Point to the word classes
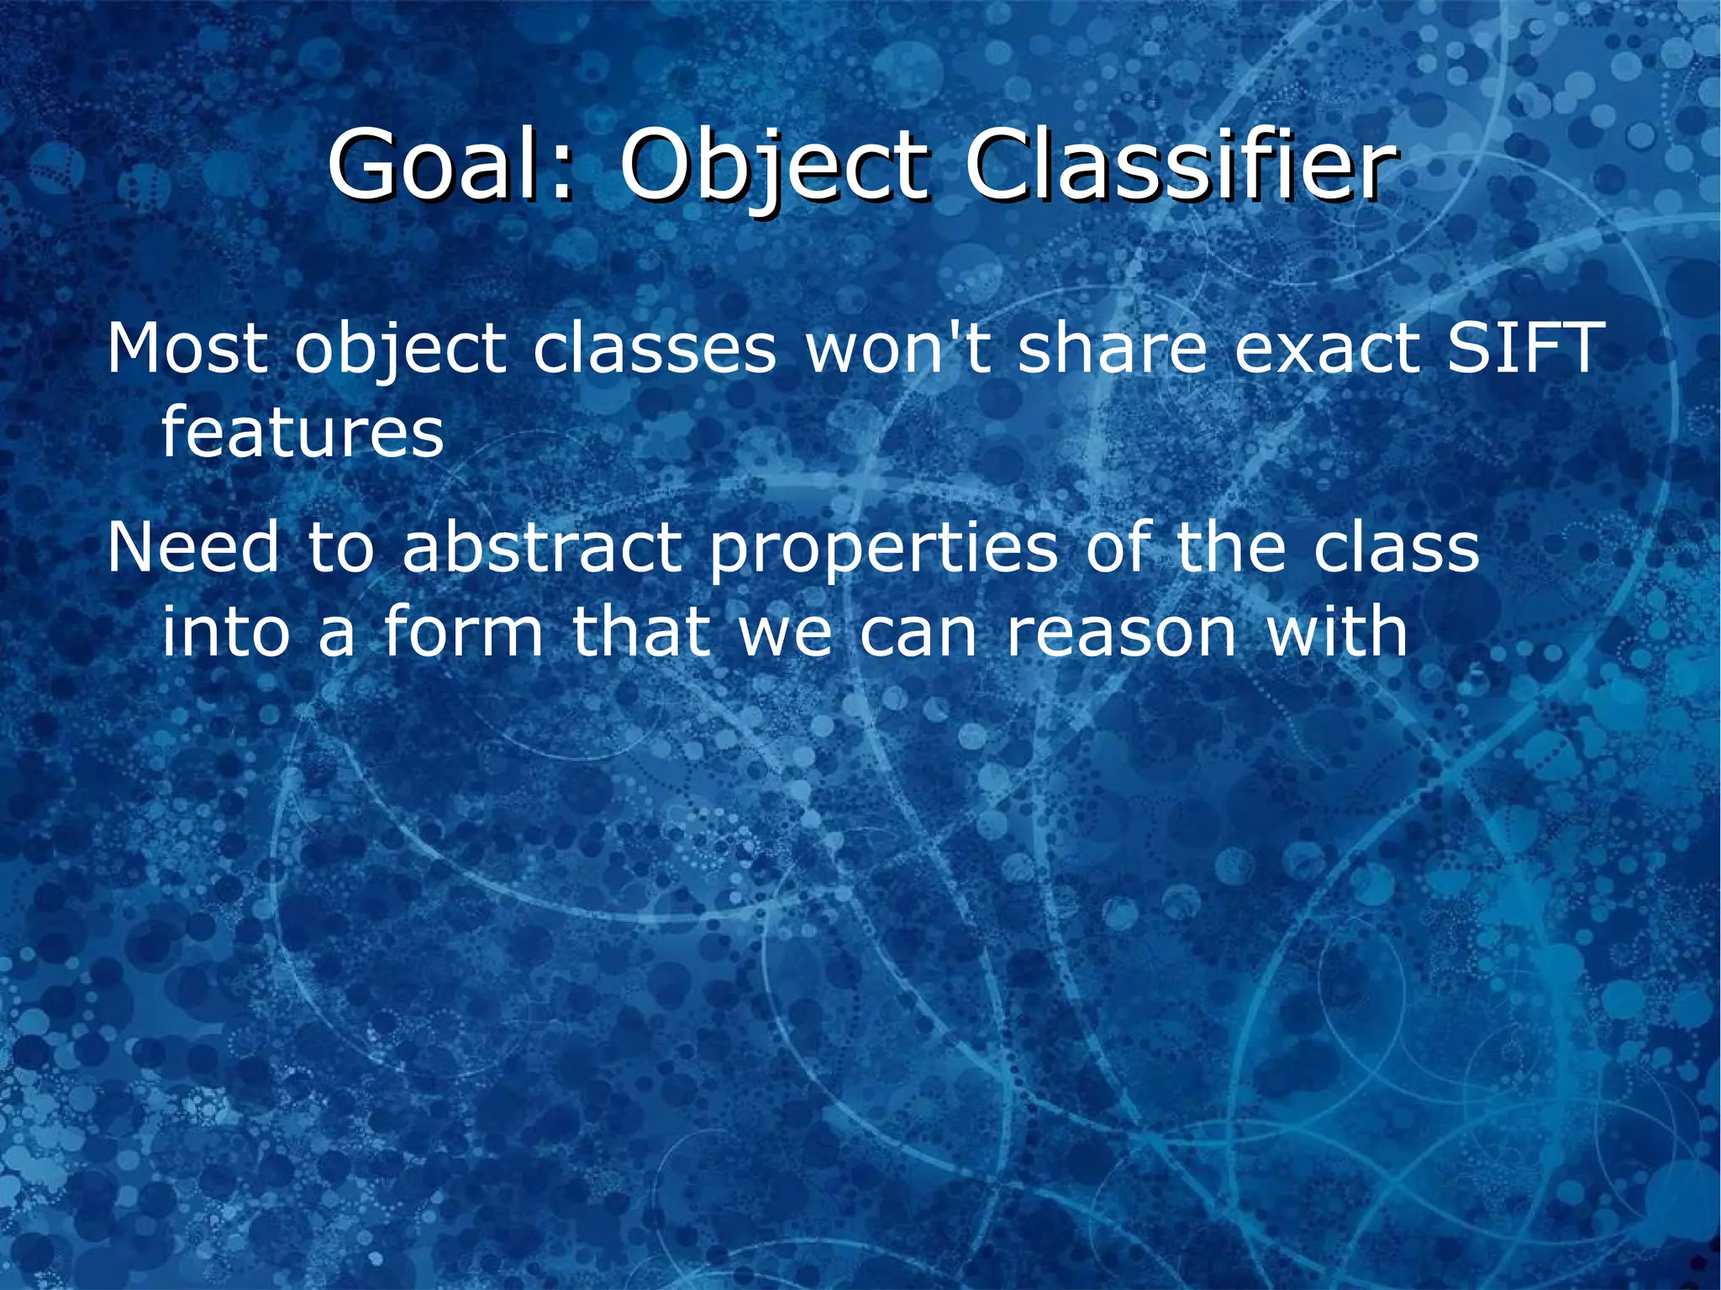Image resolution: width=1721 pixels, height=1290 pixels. (655, 348)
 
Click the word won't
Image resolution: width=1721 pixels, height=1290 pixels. (898, 348)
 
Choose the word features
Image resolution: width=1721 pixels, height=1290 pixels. (302, 432)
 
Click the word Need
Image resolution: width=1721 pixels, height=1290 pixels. (192, 547)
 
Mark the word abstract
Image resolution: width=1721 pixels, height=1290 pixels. (541, 547)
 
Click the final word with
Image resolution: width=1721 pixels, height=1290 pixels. (1336, 631)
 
